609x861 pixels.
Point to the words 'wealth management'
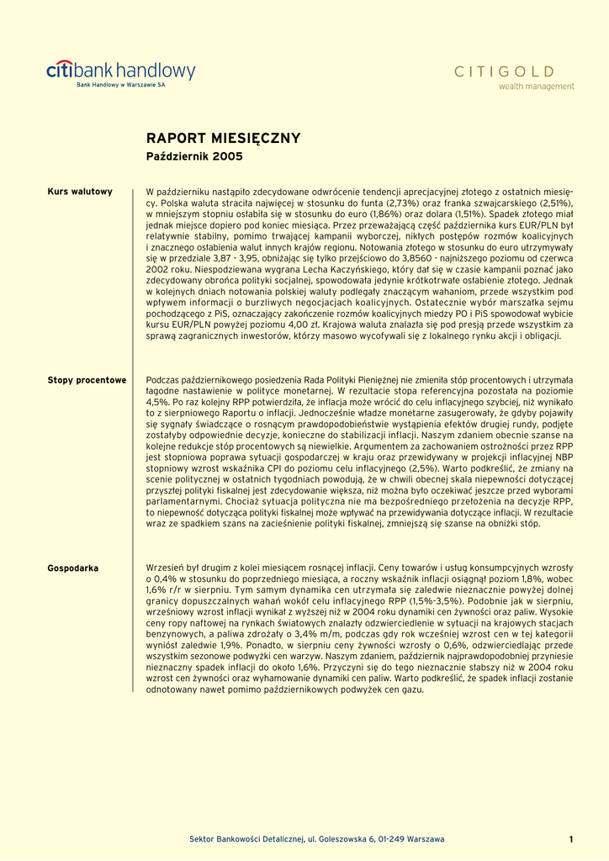536,87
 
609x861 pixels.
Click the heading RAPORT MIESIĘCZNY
223,139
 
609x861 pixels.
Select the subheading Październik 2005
194,156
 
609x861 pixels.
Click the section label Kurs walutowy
80,192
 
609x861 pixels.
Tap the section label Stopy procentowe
87,380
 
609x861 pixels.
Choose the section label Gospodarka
72,568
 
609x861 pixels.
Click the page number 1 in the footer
570,839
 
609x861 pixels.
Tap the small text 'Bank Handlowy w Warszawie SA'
121,86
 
